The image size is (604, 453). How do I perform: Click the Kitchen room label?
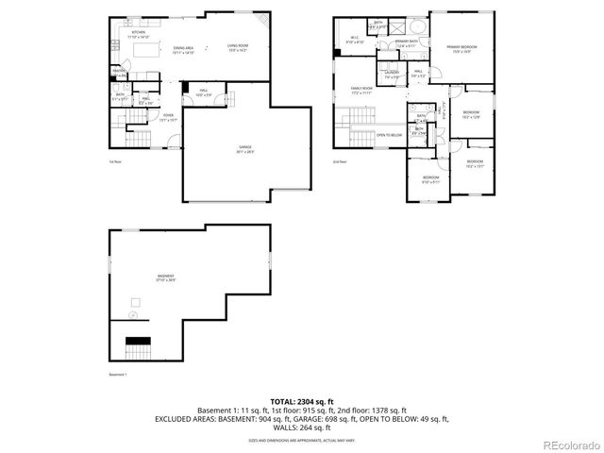(124, 33)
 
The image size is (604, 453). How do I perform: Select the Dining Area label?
(184, 50)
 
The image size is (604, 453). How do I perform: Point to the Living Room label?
(236, 47)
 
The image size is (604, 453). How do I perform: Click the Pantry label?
(120, 72)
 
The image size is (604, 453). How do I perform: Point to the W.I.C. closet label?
(355, 41)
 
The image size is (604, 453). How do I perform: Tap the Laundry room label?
(392, 75)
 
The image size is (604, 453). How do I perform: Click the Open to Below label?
(390, 135)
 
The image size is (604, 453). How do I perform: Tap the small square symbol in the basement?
(135, 302)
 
